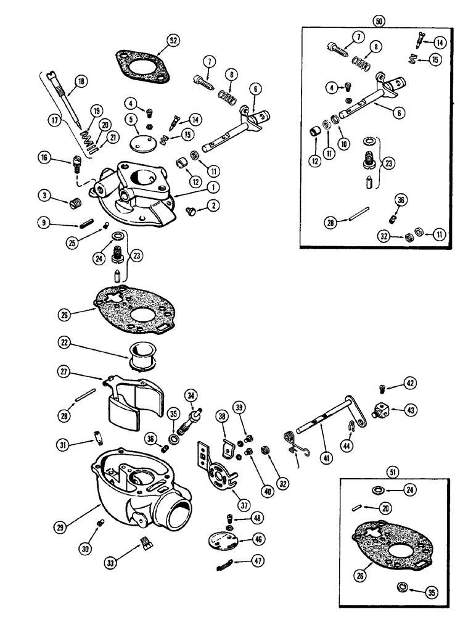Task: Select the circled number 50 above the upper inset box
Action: [x=379, y=20]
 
